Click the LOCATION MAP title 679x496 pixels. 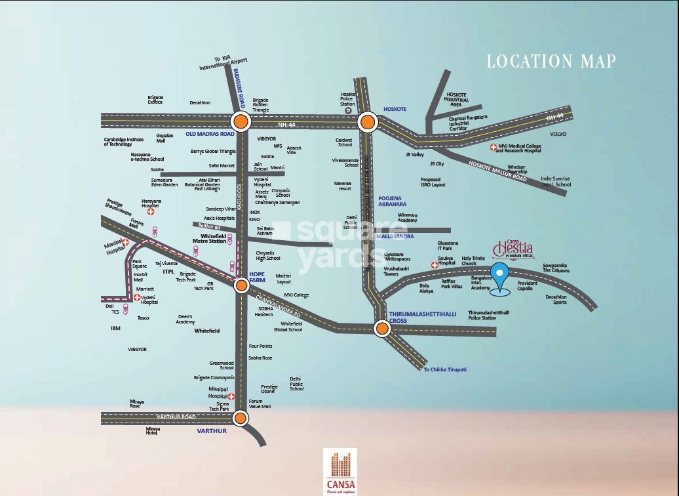pyautogui.click(x=551, y=62)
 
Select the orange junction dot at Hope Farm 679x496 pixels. pyautogui.click(x=241, y=285)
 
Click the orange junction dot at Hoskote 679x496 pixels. pyautogui.click(x=367, y=121)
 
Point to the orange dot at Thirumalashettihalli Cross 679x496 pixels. pyautogui.click(x=381, y=328)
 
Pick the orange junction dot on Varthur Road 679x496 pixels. pyautogui.click(x=241, y=418)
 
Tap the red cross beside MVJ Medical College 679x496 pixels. pyautogui.click(x=494, y=148)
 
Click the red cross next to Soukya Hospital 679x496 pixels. pyautogui.click(x=434, y=265)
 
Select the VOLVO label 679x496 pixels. pyautogui.click(x=558, y=134)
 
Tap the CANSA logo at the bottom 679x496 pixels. pyautogui.click(x=339, y=471)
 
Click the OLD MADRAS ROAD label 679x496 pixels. pyautogui.click(x=210, y=134)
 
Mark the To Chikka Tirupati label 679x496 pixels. pyautogui.click(x=445, y=369)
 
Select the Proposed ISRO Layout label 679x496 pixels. pyautogui.click(x=433, y=182)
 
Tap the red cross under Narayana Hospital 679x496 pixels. pyautogui.click(x=151, y=212)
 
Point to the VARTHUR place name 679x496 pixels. pyautogui.click(x=212, y=431)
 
